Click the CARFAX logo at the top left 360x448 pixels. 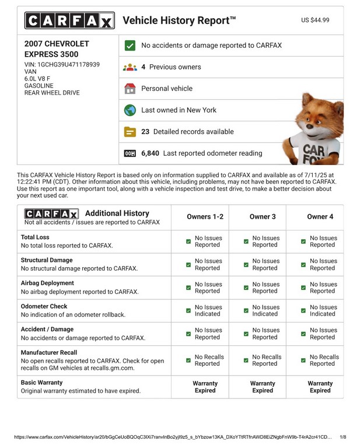(x=69, y=20)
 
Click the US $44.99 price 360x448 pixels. (x=315, y=20)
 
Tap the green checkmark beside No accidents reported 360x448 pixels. (x=130, y=45)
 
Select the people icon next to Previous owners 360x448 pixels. (x=130, y=67)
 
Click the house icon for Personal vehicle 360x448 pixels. (x=130, y=89)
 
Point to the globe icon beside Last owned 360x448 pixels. (x=130, y=110)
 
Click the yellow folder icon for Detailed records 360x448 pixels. (x=130, y=132)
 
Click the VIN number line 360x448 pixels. (x=62, y=64)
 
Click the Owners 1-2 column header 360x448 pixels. (x=205, y=216)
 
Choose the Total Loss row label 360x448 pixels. (x=36, y=237)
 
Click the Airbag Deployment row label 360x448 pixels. (x=47, y=283)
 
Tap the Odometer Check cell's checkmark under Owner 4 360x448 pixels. (x=303, y=310)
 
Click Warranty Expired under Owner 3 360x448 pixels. (x=263, y=387)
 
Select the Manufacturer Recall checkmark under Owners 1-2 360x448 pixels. (x=188, y=360)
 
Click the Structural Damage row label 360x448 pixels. (x=47, y=260)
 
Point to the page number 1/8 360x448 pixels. (x=342, y=437)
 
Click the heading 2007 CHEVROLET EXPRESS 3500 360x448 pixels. (x=57, y=49)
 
